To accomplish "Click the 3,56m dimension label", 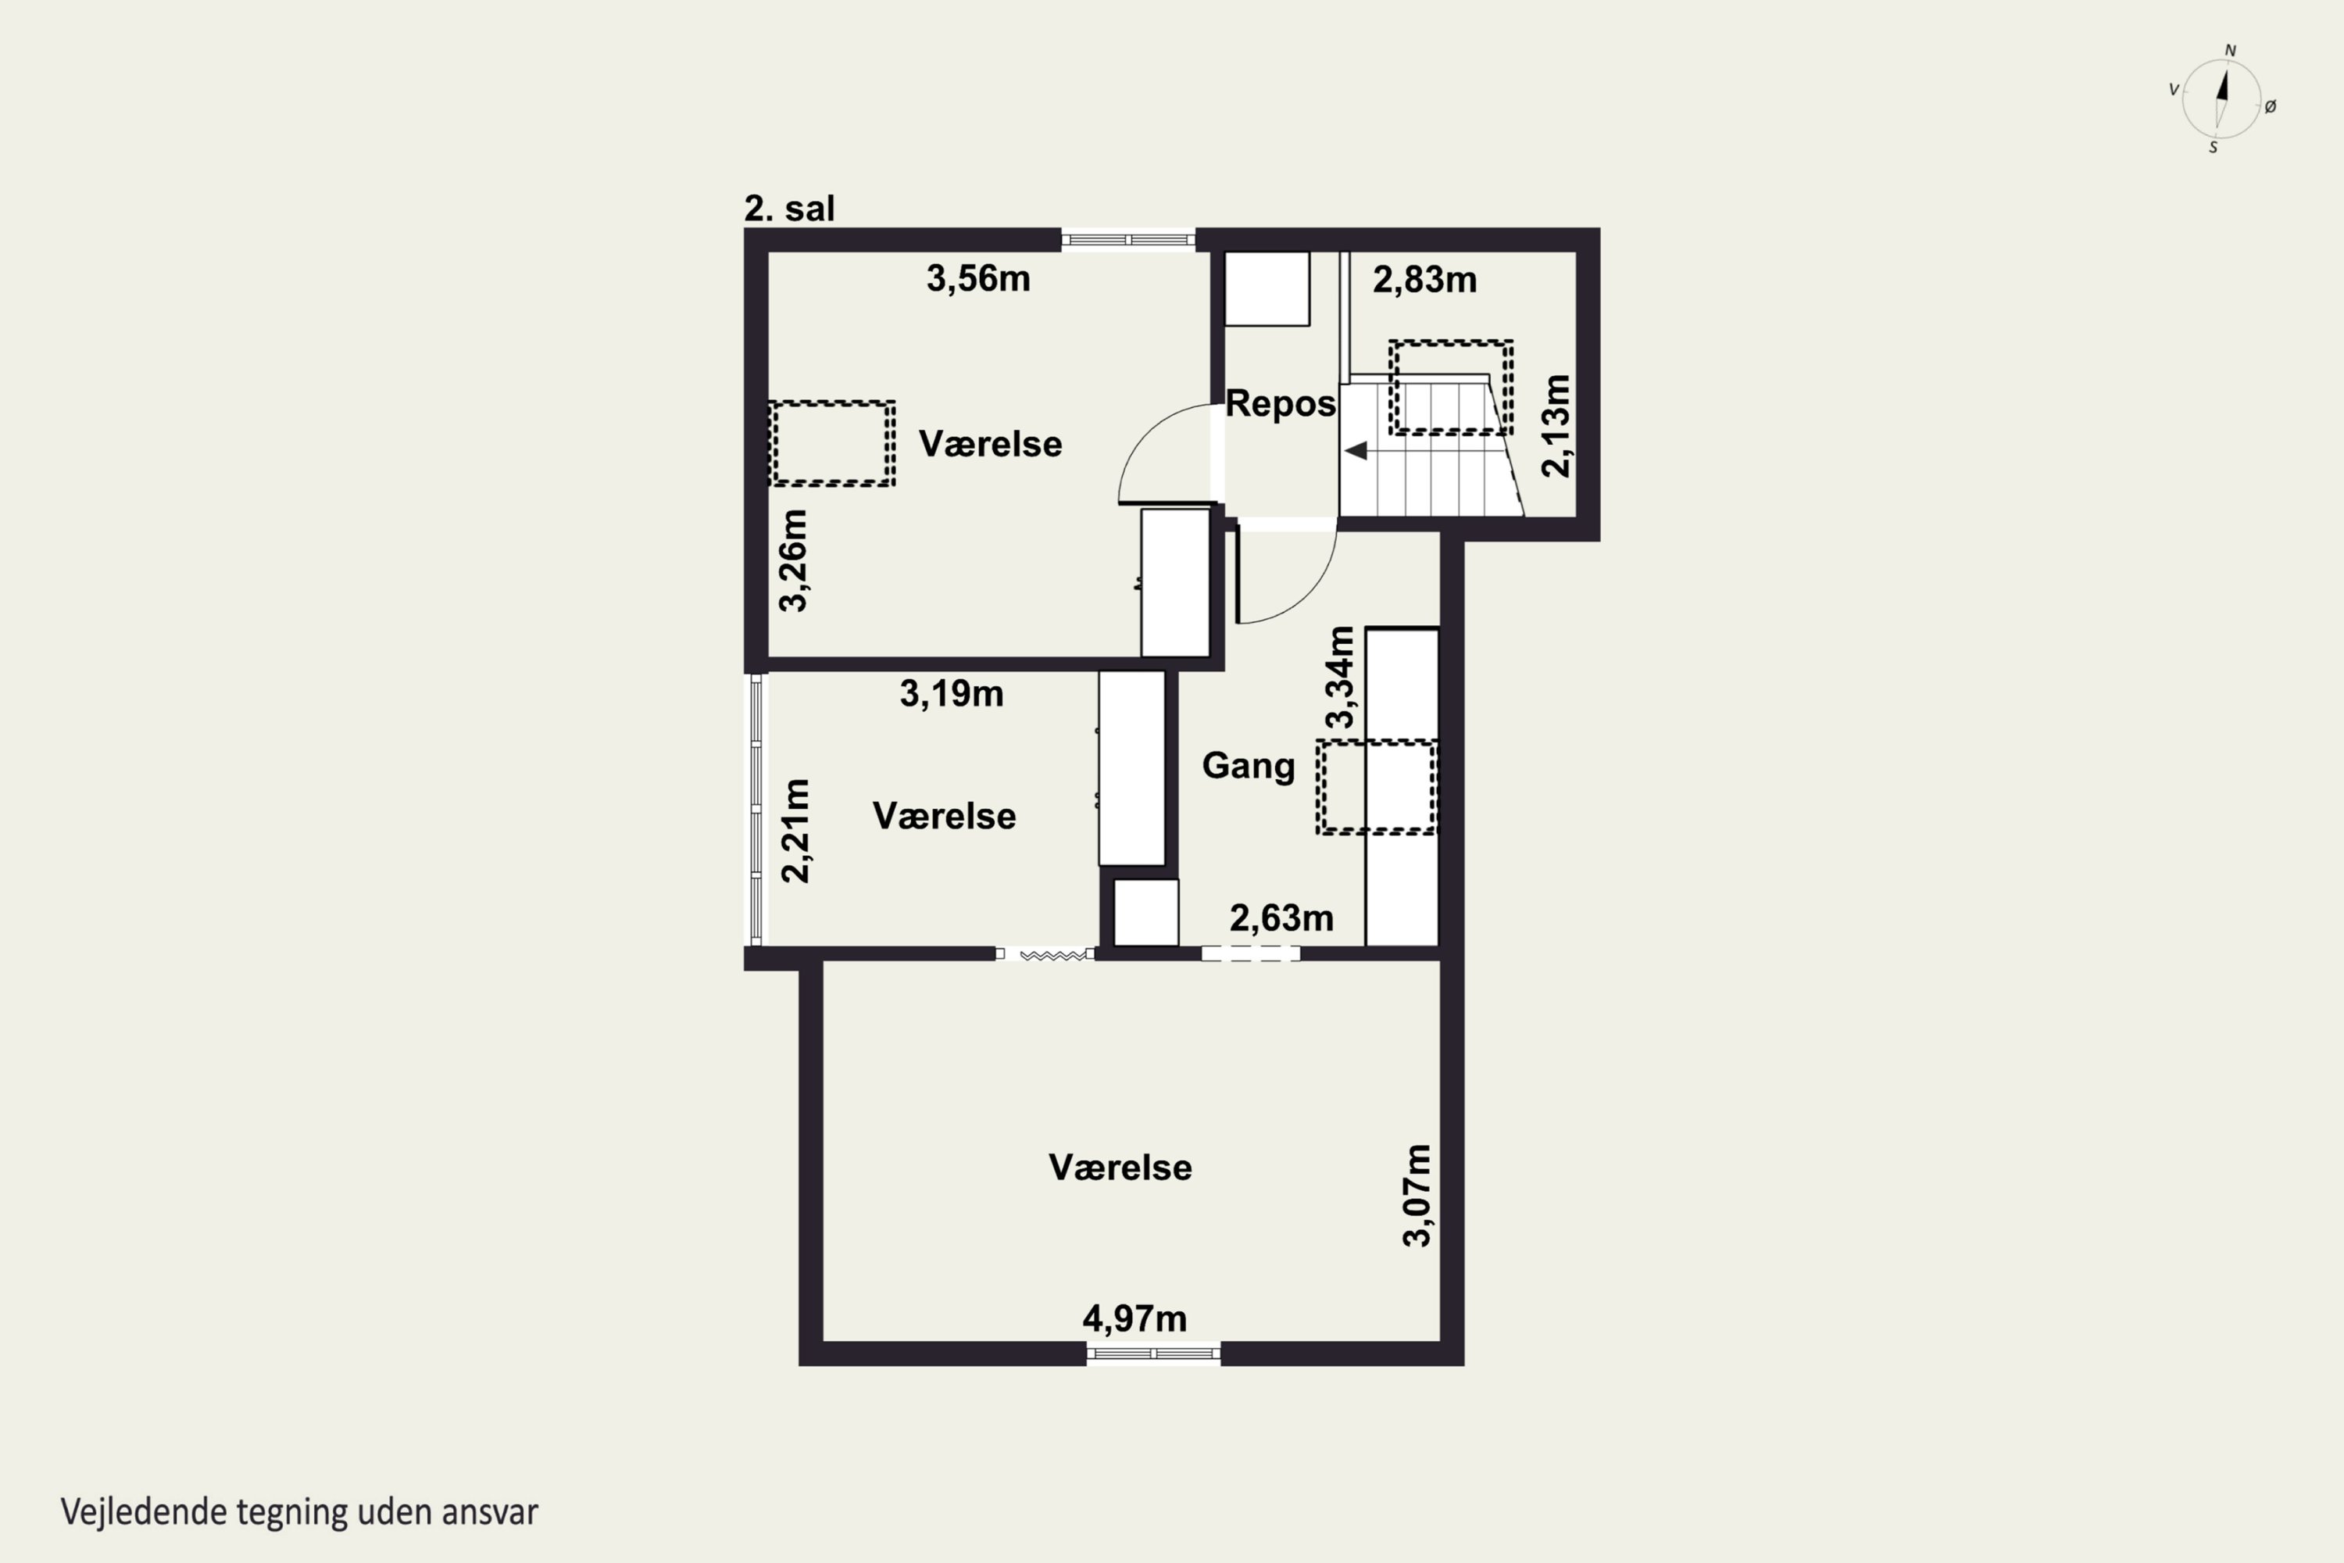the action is click(977, 279).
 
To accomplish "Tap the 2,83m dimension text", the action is click(1424, 280).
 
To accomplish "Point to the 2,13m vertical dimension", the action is click(1556, 426).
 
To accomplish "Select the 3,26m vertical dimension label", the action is click(793, 560).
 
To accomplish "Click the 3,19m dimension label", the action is click(952, 694).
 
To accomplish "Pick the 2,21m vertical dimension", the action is click(795, 830).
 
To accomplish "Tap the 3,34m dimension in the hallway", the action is click(1341, 677).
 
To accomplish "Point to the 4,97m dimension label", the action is click(1134, 1319).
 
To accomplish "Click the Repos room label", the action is click(1280, 404).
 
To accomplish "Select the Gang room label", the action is click(1248, 766).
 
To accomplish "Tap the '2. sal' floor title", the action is click(789, 209).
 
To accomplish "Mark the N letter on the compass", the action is click(2231, 51).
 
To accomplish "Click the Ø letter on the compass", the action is click(2271, 106).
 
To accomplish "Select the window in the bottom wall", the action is click(1153, 1354).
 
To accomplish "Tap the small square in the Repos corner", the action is click(1267, 288).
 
